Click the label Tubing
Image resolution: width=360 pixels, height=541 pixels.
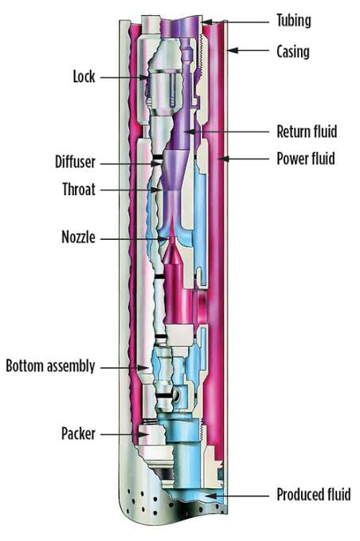(293, 21)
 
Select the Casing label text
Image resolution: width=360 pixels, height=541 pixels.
(293, 52)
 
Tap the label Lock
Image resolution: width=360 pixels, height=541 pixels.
(84, 76)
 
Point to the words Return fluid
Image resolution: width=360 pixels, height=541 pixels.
(307, 131)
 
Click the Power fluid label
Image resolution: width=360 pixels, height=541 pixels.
(306, 159)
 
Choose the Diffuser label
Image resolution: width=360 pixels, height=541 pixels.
(75, 162)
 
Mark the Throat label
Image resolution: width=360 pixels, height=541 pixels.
(79, 190)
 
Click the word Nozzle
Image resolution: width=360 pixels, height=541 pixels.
(78, 237)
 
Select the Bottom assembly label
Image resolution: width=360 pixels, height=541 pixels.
(50, 367)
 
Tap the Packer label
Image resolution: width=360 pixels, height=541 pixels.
(78, 433)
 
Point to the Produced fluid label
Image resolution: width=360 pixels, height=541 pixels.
(314, 495)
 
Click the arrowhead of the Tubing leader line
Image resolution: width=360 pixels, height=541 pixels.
(206, 22)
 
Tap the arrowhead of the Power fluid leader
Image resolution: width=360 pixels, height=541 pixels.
(224, 159)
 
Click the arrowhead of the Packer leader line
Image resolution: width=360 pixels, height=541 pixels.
(143, 434)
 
